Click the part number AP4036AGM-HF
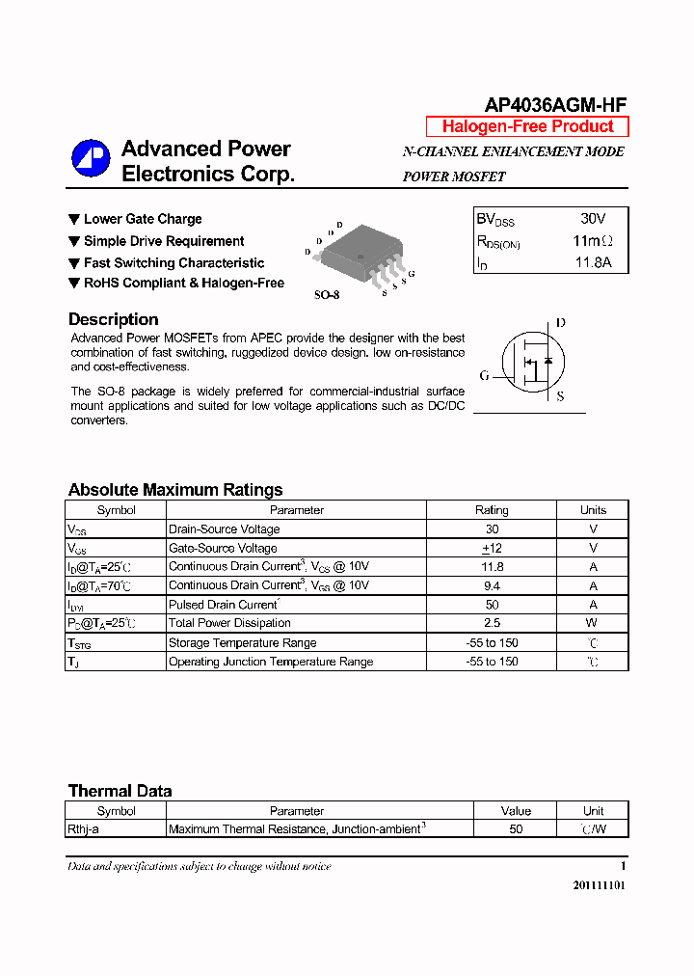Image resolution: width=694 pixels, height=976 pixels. pos(548,106)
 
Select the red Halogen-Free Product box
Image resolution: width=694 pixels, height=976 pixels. pos(527,126)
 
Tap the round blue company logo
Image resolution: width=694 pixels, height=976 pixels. pos(91,159)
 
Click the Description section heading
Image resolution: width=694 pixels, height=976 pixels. pos(113,319)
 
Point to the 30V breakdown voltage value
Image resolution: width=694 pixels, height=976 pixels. pos(593,219)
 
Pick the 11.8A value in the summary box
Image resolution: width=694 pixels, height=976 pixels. pos(593,262)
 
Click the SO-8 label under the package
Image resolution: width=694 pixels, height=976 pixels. pos(327,294)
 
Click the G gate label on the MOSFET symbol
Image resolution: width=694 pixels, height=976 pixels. pos(485,375)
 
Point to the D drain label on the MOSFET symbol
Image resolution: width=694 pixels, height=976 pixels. pos(561,323)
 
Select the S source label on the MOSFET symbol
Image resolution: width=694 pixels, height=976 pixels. pos(561,395)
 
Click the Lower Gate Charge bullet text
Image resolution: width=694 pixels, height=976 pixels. pos(143,219)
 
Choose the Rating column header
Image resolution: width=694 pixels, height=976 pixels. pos(492,510)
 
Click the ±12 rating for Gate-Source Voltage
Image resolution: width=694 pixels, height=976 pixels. pos(492,548)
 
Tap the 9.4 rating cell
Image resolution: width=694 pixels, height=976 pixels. pos(492,585)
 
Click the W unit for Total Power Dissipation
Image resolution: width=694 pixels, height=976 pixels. pos(593,623)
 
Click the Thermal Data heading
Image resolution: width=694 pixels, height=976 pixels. pos(120,791)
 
